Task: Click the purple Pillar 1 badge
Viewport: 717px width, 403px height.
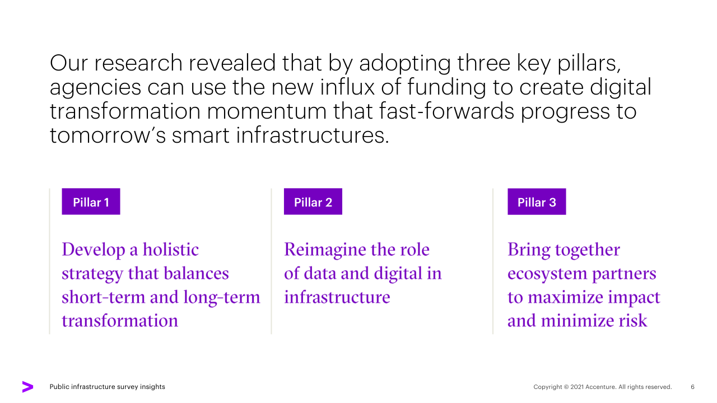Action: [x=91, y=201]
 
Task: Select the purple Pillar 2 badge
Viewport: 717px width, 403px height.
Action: [x=313, y=201]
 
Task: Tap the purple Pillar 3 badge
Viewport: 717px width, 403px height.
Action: [x=537, y=201]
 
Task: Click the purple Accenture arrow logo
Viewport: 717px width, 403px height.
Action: [x=27, y=387]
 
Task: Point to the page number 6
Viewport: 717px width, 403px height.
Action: [x=692, y=387]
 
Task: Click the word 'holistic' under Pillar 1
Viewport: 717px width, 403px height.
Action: [x=171, y=250]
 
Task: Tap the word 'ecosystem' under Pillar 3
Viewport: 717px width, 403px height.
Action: [x=547, y=274]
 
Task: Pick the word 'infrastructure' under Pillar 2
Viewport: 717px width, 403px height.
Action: [x=337, y=297]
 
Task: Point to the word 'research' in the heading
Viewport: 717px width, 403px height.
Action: [x=138, y=63]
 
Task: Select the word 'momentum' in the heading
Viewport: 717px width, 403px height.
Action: [x=267, y=111]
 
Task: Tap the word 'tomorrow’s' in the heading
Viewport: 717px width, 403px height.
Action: [x=108, y=135]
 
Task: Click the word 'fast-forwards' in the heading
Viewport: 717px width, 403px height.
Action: [x=446, y=111]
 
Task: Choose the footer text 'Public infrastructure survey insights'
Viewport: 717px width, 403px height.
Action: [x=107, y=387]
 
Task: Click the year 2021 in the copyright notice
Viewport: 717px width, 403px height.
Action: [x=577, y=387]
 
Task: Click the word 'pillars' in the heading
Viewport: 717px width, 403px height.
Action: [x=589, y=64]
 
